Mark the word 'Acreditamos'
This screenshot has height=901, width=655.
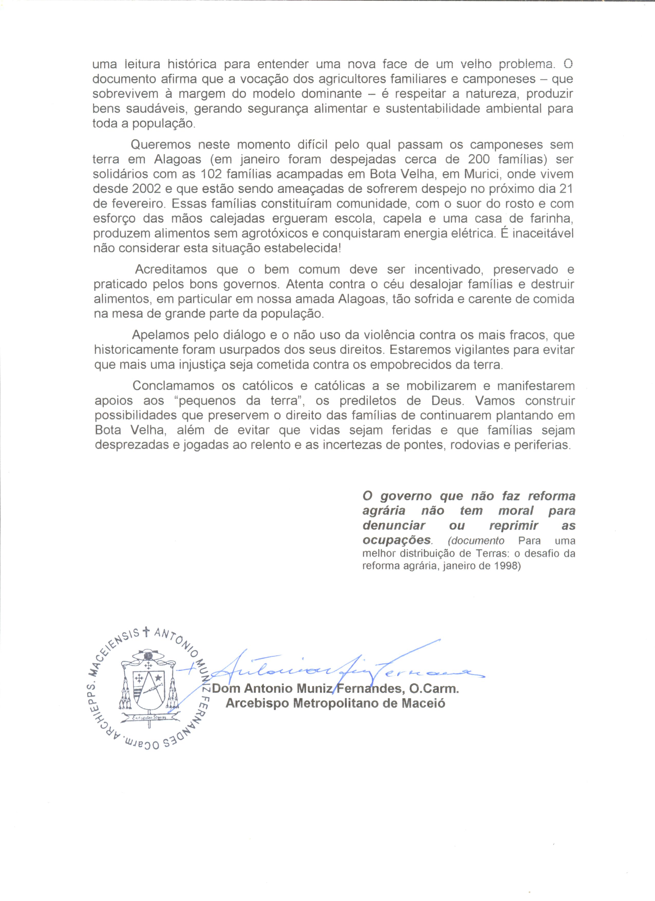pyautogui.click(x=171, y=269)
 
